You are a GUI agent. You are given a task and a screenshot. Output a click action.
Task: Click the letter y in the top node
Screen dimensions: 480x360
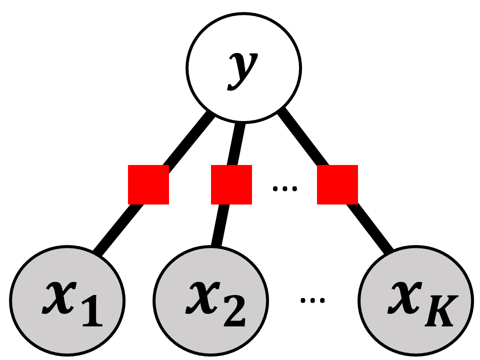click(x=243, y=71)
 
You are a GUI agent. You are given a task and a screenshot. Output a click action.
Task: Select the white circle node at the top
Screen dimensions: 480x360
click(x=243, y=68)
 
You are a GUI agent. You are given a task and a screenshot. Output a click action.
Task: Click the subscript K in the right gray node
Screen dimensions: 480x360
click(x=441, y=310)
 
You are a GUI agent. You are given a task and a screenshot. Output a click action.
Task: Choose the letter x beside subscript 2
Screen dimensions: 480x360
click(x=202, y=297)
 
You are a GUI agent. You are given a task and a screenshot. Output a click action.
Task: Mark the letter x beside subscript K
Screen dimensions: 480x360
click(x=404, y=297)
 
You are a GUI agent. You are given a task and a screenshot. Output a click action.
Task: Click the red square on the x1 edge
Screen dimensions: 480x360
click(x=148, y=184)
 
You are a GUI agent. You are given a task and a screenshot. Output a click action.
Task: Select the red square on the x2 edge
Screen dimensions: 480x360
click(x=231, y=184)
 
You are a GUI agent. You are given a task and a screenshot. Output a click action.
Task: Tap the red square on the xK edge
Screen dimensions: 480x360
click(x=337, y=184)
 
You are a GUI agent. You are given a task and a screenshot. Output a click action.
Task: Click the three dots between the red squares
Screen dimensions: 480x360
click(x=284, y=188)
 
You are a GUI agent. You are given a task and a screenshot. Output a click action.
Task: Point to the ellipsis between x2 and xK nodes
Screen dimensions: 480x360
click(x=312, y=300)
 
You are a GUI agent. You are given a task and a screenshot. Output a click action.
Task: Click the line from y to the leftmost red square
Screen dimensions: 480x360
click(x=189, y=139)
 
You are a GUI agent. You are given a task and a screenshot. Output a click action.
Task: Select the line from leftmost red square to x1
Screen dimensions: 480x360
click(x=118, y=229)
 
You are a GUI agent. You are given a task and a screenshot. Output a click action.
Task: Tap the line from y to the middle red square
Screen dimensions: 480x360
click(x=237, y=144)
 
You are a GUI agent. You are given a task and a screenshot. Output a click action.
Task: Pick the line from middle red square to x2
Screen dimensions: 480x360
click(x=220, y=225)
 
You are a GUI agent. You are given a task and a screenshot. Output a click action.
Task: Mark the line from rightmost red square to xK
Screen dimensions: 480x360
click(x=370, y=228)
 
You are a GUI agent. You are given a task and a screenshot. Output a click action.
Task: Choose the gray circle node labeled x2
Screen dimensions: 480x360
click(x=210, y=300)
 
